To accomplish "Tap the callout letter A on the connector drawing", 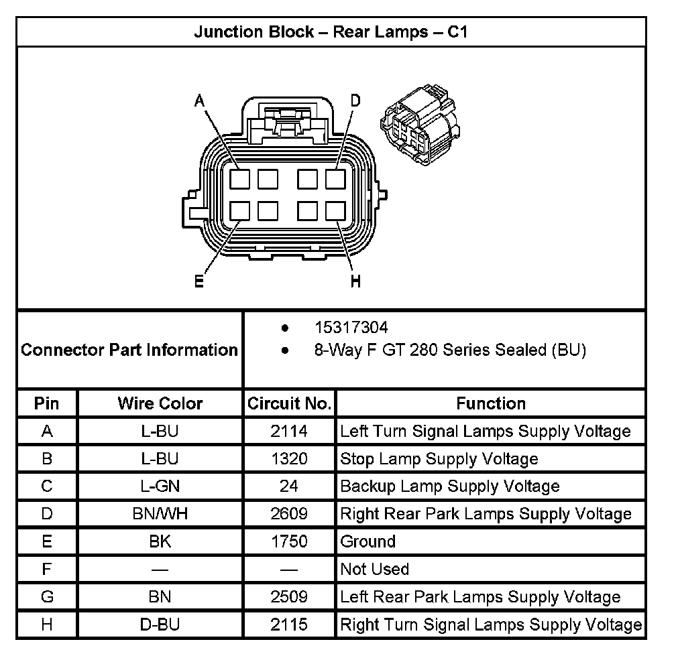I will pos(199,101).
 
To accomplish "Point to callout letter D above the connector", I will pos(355,101).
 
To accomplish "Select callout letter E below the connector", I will pos(199,281).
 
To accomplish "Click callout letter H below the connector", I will pos(355,281).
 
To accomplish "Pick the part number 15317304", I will pos(351,328).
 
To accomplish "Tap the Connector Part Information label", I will pos(129,350).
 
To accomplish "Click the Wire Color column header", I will pos(160,403).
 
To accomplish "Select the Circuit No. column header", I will pos(289,403).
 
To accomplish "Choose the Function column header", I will pos(491,403).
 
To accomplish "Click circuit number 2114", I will pos(289,431).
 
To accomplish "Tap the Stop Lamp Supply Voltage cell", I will pos(439,459).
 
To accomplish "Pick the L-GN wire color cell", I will pos(160,486).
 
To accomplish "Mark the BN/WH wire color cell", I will pos(160,514).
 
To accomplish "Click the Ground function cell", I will pos(368,541).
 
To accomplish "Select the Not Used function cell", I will pos(375,569).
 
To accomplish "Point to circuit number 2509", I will pos(289,596).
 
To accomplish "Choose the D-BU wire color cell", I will pos(160,625).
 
